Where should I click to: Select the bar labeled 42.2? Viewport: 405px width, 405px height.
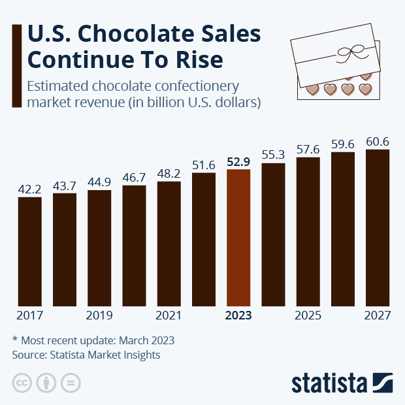pyautogui.click(x=29, y=251)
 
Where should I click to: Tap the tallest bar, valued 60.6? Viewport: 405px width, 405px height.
pyautogui.click(x=378, y=229)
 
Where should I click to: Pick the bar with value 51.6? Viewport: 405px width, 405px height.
pyautogui.click(x=204, y=240)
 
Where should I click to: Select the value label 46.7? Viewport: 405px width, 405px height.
pyautogui.click(x=134, y=177)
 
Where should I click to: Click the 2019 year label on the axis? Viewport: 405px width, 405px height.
pyautogui.click(x=99, y=316)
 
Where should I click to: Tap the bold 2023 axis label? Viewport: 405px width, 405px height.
pyautogui.click(x=238, y=316)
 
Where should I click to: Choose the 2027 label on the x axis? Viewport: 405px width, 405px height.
pyautogui.click(x=378, y=316)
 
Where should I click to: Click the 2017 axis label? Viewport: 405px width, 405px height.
pyautogui.click(x=29, y=316)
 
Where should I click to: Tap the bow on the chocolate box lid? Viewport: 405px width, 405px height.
pyautogui.click(x=346, y=53)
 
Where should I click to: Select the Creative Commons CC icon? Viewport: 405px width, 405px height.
pyautogui.click(x=22, y=383)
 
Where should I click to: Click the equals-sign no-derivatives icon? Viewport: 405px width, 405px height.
pyautogui.click(x=71, y=383)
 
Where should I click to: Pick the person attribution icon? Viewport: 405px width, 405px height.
pyautogui.click(x=46, y=383)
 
